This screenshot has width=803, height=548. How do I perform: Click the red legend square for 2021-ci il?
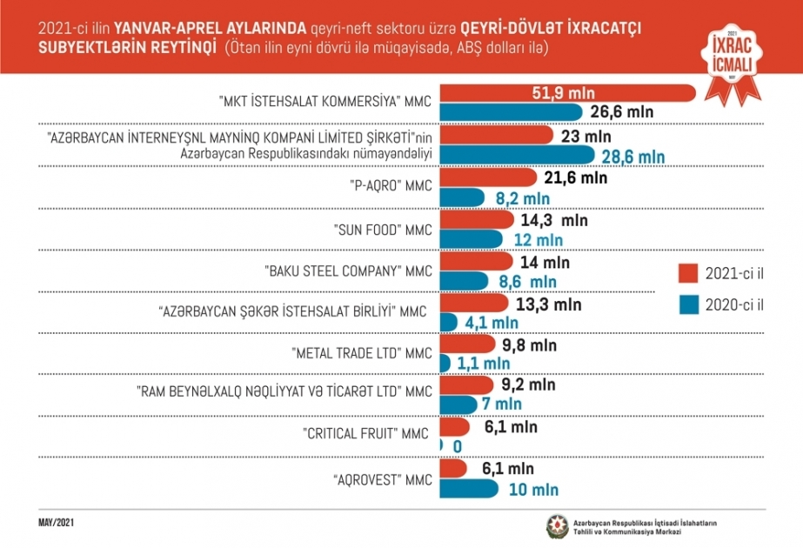tap(688, 273)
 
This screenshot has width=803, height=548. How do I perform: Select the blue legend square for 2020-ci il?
tap(688, 304)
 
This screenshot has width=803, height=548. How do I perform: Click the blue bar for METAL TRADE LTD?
tap(446, 363)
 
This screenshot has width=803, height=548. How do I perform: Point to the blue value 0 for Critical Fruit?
tap(457, 446)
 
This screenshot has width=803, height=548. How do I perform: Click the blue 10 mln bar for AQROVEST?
tap(470, 489)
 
